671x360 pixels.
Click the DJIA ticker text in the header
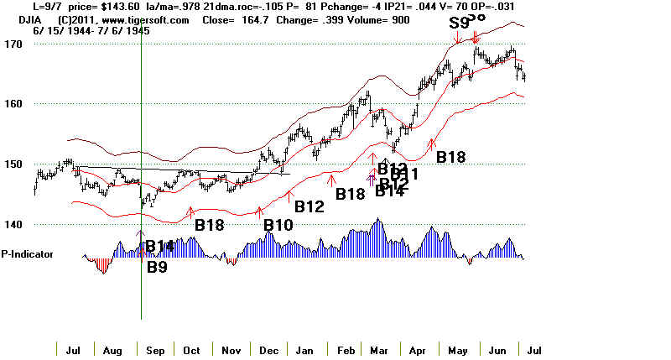18,19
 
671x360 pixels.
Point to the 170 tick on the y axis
12,44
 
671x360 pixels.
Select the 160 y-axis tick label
12,104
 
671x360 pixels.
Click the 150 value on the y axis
12,164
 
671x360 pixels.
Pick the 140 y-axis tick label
12,225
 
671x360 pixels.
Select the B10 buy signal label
278,225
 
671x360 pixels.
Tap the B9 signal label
158,268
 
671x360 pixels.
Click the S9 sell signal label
459,23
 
